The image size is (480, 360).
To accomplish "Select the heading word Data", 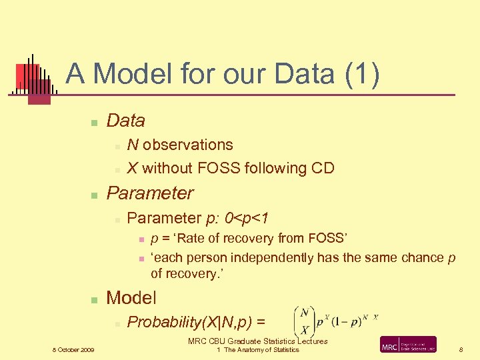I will coord(125,121).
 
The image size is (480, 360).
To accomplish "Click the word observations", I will coord(187,145).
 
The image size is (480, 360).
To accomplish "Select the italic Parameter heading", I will coord(150,193).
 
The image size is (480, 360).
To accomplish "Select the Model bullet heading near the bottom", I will coord(131,297).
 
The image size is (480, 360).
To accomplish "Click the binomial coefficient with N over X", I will coord(303,322).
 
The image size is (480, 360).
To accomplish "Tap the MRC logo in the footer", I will coord(408,345).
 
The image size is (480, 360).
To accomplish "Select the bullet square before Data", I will coord(95,122).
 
